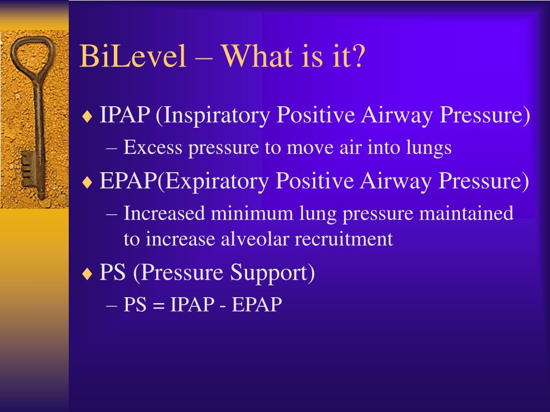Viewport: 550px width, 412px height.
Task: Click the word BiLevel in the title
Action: pyautogui.click(x=133, y=56)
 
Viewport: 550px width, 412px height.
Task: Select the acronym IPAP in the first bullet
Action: pyautogui.click(x=125, y=114)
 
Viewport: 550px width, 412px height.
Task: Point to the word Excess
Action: pyautogui.click(x=153, y=147)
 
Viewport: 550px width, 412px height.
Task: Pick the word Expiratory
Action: pyautogui.click(x=214, y=181)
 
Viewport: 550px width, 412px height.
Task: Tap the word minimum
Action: pyautogui.click(x=252, y=213)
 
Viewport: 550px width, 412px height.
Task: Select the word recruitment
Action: pyautogui.click(x=344, y=239)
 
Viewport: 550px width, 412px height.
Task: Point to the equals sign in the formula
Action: pyautogui.click(x=158, y=305)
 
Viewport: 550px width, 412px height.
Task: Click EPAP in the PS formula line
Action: pyautogui.click(x=257, y=304)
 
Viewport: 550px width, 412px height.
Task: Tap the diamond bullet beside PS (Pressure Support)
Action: pyautogui.click(x=86, y=273)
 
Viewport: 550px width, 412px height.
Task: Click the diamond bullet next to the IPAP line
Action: pyautogui.click(x=86, y=116)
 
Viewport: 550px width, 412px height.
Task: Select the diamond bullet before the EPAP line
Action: pyautogui.click(x=86, y=182)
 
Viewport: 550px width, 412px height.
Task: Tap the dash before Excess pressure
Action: pyautogui.click(x=111, y=148)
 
